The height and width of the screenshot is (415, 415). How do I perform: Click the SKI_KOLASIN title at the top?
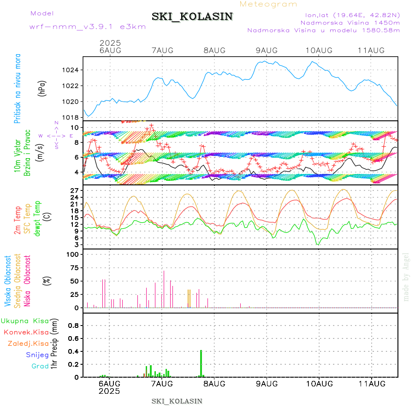[192, 17]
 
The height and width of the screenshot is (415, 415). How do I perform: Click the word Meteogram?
[269, 4]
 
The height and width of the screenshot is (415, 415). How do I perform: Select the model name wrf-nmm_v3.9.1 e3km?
[88, 27]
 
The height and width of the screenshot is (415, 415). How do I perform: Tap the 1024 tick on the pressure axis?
[72, 70]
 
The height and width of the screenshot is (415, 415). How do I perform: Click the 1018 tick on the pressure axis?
[72, 117]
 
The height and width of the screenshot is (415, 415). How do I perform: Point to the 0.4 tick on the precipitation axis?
[74, 351]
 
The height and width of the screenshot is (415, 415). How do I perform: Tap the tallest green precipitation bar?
[201, 363]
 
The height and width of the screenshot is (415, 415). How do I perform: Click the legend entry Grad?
[40, 366]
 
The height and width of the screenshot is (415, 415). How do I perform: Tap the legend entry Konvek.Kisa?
[27, 332]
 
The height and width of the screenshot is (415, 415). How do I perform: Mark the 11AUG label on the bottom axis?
[371, 384]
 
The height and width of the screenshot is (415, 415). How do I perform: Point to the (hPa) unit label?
[42, 88]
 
